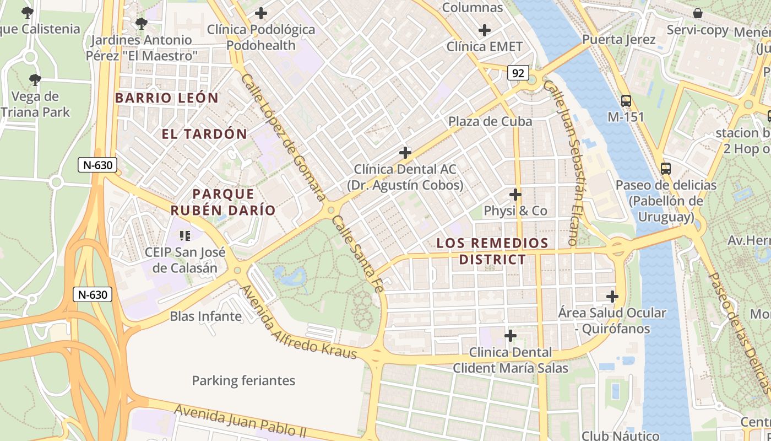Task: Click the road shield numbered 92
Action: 518,73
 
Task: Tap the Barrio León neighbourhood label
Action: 167,98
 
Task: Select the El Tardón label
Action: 204,134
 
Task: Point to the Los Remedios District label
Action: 492,251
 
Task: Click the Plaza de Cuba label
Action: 490,121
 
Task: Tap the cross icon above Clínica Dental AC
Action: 405,153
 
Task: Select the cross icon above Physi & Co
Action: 515,195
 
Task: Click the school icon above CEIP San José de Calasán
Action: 185,236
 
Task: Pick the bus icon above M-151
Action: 626,101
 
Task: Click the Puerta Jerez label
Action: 618,40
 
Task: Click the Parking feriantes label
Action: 243,380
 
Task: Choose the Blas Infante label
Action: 205,316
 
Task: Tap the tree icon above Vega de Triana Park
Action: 35,80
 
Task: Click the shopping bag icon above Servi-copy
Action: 698,13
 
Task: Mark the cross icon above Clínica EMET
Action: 485,30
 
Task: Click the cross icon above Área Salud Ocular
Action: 612,297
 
